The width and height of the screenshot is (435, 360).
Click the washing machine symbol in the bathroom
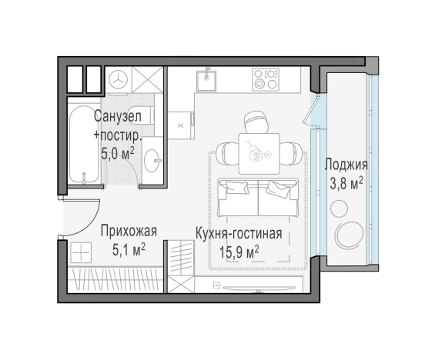tap(119, 79)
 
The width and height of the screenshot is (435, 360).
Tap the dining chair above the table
tap(255, 122)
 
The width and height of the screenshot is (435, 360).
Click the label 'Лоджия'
tap(346, 165)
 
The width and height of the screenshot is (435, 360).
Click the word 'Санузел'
tap(116, 116)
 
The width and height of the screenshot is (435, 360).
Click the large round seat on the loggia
tap(355, 235)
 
